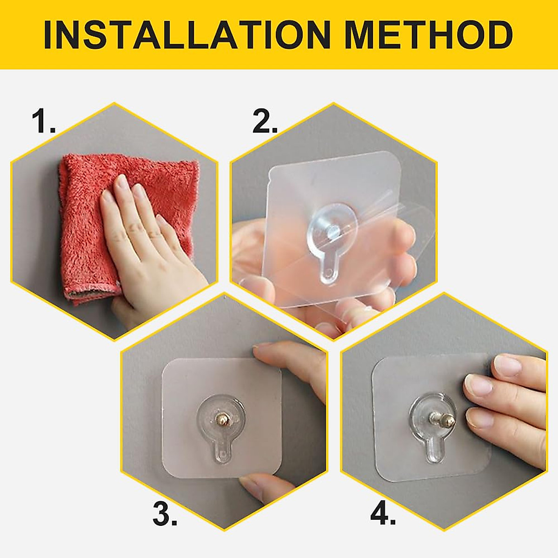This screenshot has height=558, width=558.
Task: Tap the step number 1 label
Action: [x=43, y=122]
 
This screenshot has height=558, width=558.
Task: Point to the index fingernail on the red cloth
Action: [x=122, y=182]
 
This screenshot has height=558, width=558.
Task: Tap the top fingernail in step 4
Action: [x=506, y=365]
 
